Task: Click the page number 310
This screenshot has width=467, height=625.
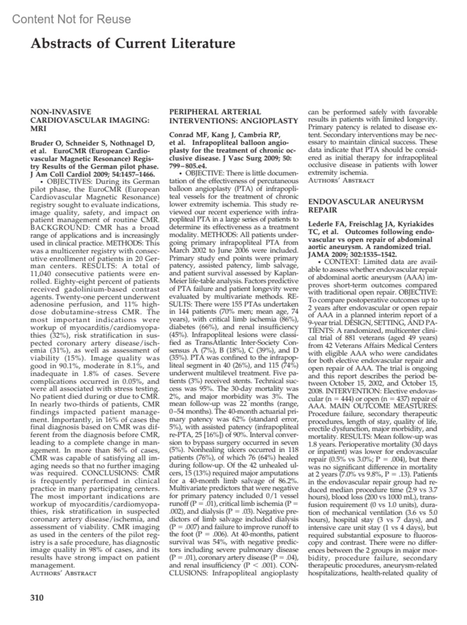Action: (x=37, y=598)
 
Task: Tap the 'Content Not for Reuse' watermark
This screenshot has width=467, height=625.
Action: (x=72, y=19)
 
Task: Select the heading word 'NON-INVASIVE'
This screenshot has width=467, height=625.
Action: (x=61, y=112)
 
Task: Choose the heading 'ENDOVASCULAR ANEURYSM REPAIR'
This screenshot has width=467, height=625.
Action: (x=365, y=206)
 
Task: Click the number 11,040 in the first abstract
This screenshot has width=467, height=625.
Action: (x=44, y=274)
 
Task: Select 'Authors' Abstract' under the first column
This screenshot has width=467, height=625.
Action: (x=63, y=573)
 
